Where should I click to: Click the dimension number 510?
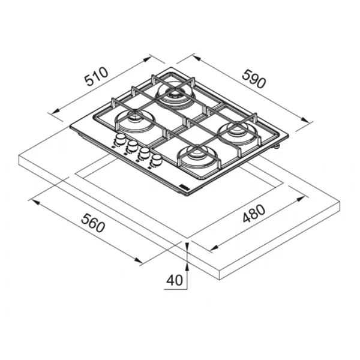tap(96, 76)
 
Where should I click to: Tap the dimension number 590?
tap(254, 79)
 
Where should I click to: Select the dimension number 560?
tap(93, 223)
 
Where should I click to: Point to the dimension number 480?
tap(254, 214)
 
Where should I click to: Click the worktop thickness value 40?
tap(175, 280)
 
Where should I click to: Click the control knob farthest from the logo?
tap(120, 139)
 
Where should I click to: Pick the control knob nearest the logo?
tap(157, 158)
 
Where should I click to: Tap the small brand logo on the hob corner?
tap(184, 188)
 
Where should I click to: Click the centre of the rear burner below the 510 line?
tap(173, 94)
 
